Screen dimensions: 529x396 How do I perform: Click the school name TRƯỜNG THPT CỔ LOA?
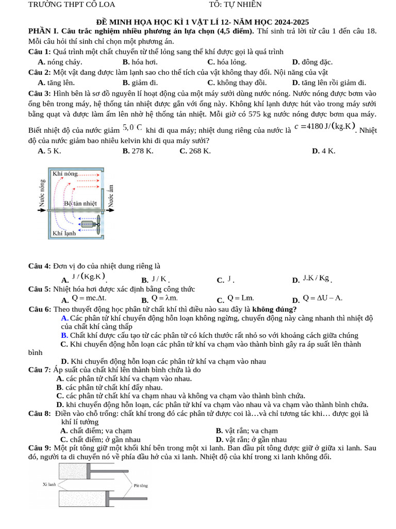click(x=72, y=5)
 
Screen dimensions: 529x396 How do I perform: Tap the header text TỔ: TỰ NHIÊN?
click(x=235, y=5)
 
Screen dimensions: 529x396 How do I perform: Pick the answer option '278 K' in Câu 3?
click(x=138, y=151)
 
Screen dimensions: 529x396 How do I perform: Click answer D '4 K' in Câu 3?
click(x=324, y=151)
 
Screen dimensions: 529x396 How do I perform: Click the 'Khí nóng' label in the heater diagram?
click(x=65, y=174)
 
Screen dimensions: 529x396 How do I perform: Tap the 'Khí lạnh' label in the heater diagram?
click(x=64, y=234)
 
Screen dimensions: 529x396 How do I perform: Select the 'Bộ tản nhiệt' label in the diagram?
click(x=80, y=204)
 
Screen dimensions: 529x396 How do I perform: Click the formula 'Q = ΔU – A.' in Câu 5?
click(x=322, y=298)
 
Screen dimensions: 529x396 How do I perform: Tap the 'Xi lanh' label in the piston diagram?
click(x=49, y=485)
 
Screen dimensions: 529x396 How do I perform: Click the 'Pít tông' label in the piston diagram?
click(x=141, y=486)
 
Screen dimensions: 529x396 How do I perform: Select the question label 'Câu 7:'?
click(x=40, y=370)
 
